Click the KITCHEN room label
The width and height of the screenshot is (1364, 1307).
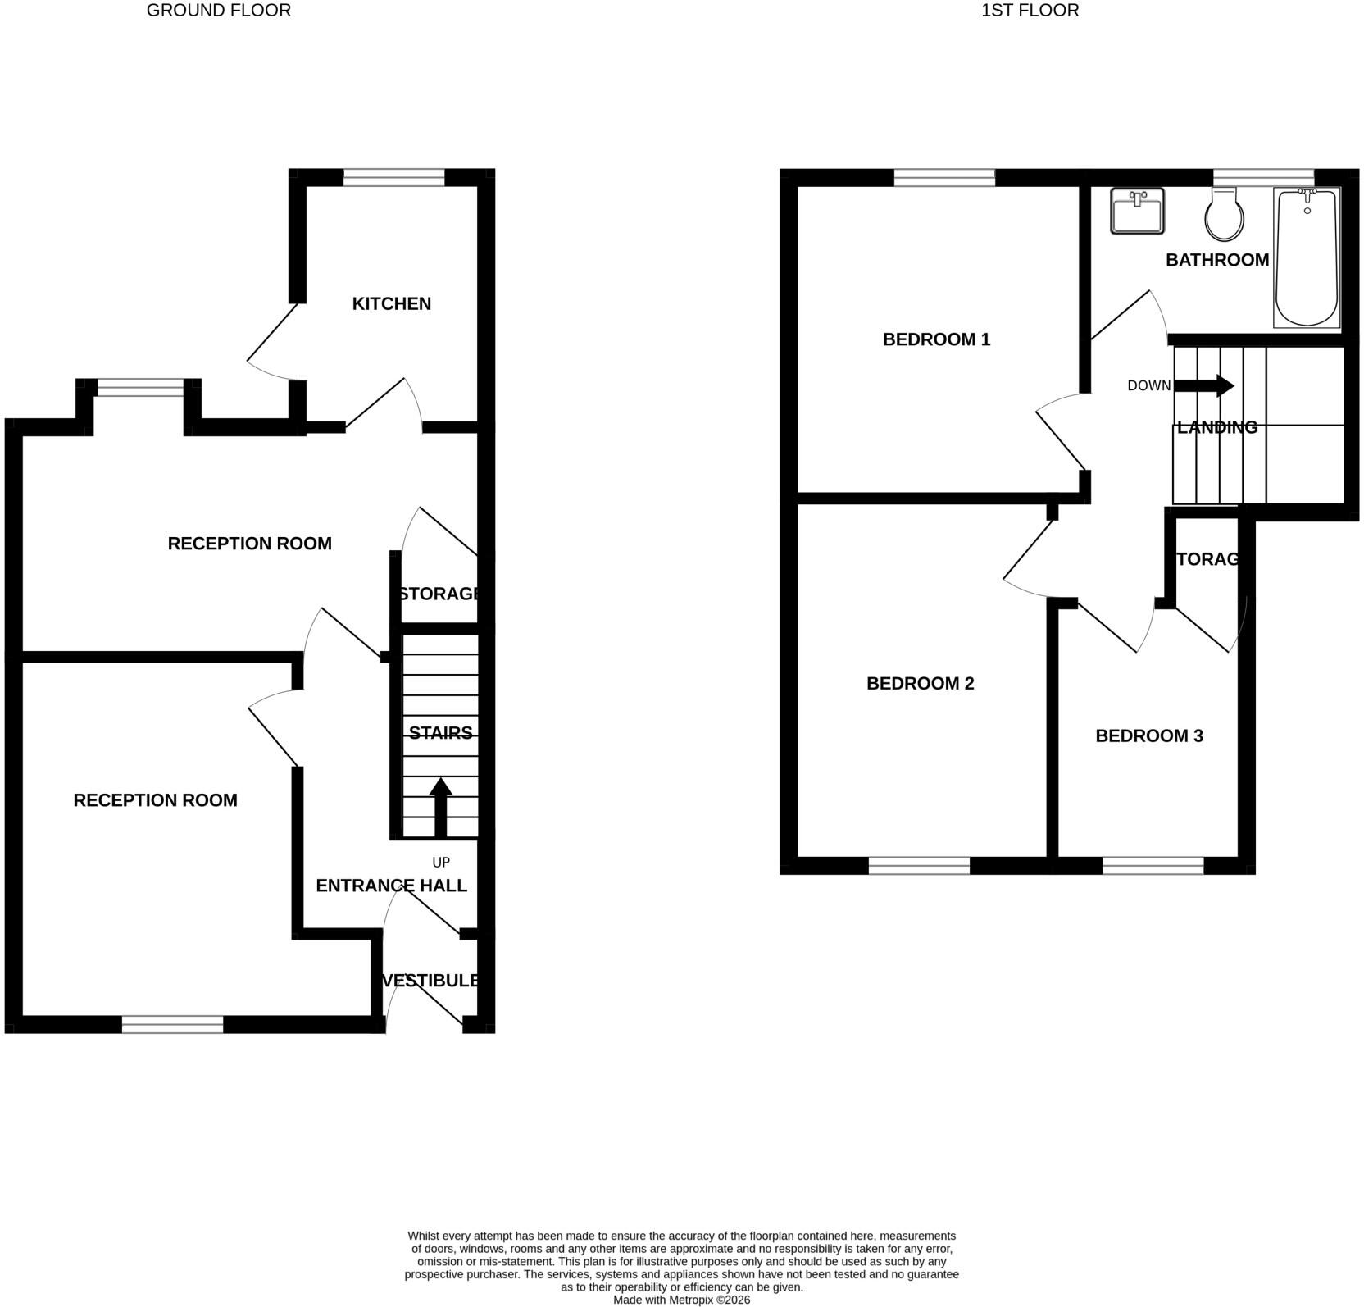pyautogui.click(x=391, y=304)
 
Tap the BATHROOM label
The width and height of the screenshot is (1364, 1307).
pyautogui.click(x=1217, y=260)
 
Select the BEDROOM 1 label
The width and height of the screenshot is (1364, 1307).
pyautogui.click(x=936, y=339)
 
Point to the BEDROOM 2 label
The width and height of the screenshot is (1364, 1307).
pyautogui.click(x=920, y=684)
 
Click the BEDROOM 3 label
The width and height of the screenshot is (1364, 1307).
pyautogui.click(x=1148, y=736)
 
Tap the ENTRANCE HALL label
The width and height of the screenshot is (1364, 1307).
pyautogui.click(x=391, y=886)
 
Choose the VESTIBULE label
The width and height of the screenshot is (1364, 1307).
pyautogui.click(x=430, y=981)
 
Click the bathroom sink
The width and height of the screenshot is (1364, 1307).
pyautogui.click(x=1137, y=212)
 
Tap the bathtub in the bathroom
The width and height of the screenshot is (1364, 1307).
pyautogui.click(x=1307, y=257)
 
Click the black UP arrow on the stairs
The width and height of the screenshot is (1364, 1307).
pyautogui.click(x=441, y=807)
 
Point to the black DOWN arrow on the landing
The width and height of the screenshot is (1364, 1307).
pyautogui.click(x=1204, y=386)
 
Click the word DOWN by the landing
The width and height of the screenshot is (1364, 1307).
pyautogui.click(x=1148, y=386)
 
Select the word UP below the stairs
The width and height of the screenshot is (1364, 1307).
pyautogui.click(x=441, y=863)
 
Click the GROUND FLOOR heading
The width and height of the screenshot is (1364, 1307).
pyautogui.click(x=219, y=11)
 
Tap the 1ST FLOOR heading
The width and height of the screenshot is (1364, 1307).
pyautogui.click(x=1030, y=11)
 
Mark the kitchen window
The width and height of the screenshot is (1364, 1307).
pyautogui.click(x=393, y=177)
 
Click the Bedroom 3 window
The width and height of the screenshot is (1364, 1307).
pyautogui.click(x=1153, y=865)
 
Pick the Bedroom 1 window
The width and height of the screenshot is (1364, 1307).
pyautogui.click(x=944, y=177)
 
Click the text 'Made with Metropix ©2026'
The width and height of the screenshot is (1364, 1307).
pyautogui.click(x=681, y=1300)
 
